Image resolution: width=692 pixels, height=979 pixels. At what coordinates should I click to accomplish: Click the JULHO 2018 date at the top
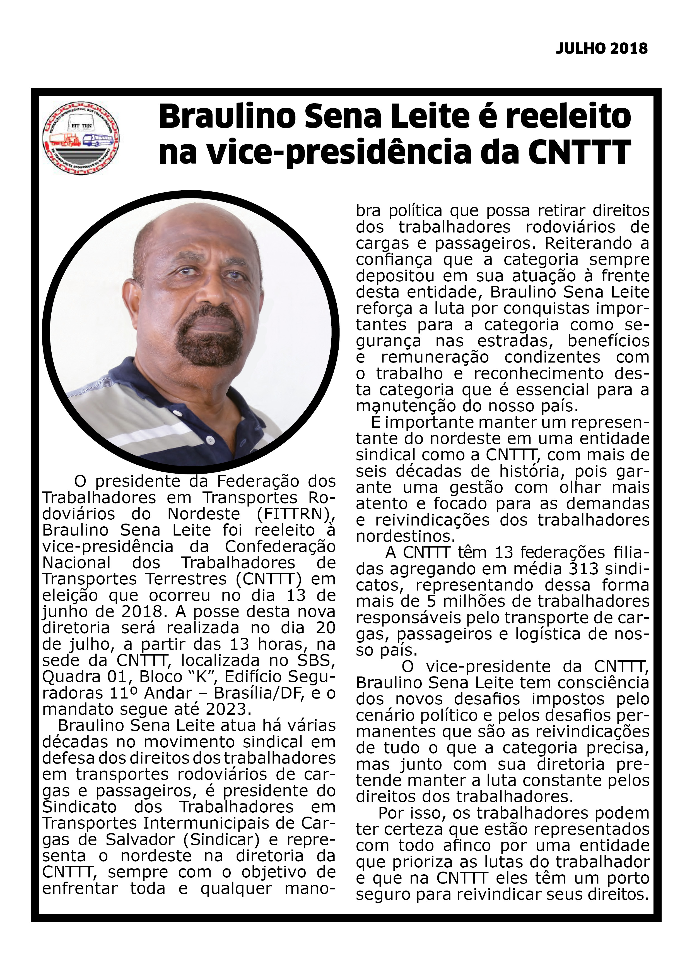(601, 49)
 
